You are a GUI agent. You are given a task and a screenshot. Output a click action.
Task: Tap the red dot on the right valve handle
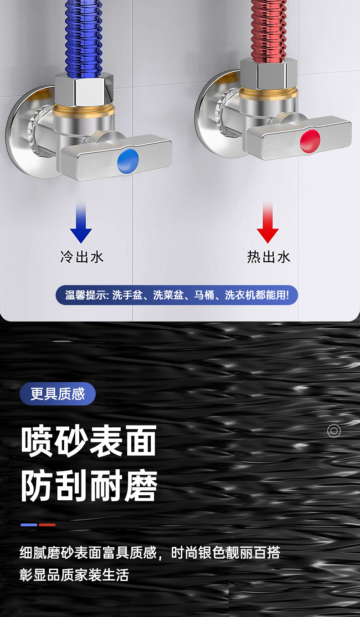click(x=310, y=141)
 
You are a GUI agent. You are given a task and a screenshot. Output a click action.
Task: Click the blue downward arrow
click(x=81, y=222)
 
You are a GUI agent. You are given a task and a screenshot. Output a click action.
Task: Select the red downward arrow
click(x=267, y=222)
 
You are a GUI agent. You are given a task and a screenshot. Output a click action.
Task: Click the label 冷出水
click(x=82, y=257)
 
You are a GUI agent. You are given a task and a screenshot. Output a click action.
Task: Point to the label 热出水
click(x=268, y=257)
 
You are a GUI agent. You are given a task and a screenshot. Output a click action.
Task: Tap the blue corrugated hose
click(x=84, y=38)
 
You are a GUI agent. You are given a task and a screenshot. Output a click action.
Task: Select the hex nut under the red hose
click(x=268, y=74)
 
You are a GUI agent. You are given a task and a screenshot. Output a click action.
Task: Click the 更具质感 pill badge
click(x=57, y=394)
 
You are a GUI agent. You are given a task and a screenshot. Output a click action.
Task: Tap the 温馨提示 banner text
click(x=177, y=295)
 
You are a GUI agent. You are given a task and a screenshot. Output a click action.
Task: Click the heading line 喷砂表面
click(x=89, y=441)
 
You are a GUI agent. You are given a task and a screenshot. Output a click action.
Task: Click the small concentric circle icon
click(x=334, y=431)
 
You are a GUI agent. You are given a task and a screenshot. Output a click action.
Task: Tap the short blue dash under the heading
click(x=29, y=525)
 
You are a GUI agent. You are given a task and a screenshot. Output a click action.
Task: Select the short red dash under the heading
click(x=47, y=525)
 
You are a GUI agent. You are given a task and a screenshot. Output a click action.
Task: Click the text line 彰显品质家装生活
click(x=74, y=575)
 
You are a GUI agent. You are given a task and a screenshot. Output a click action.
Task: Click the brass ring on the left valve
click(x=83, y=110)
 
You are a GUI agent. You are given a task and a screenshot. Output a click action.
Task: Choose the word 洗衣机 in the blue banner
click(x=240, y=295)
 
